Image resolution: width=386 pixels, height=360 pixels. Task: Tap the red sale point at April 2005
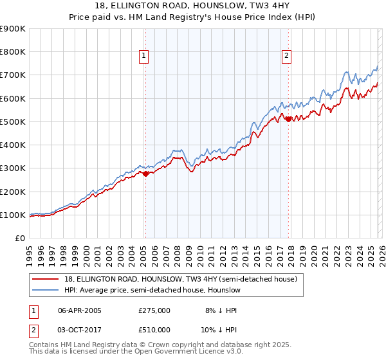tap(146, 174)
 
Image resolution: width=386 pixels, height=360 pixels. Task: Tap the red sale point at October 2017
tap(288, 119)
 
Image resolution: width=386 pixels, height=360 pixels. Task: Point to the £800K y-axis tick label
tap(12, 52)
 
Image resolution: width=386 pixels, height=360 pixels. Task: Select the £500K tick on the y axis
tap(12, 122)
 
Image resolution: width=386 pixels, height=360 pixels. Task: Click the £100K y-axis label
tap(12, 215)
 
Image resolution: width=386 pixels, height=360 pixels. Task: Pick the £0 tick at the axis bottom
tap(19, 238)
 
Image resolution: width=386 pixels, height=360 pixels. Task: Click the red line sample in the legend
tap(46, 279)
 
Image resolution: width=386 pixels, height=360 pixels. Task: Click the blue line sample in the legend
tap(46, 290)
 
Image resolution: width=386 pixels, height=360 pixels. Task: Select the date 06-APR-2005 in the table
tap(80, 310)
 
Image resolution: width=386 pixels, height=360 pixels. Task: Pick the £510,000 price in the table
tap(154, 329)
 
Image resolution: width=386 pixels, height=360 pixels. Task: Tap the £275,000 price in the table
tap(154, 310)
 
